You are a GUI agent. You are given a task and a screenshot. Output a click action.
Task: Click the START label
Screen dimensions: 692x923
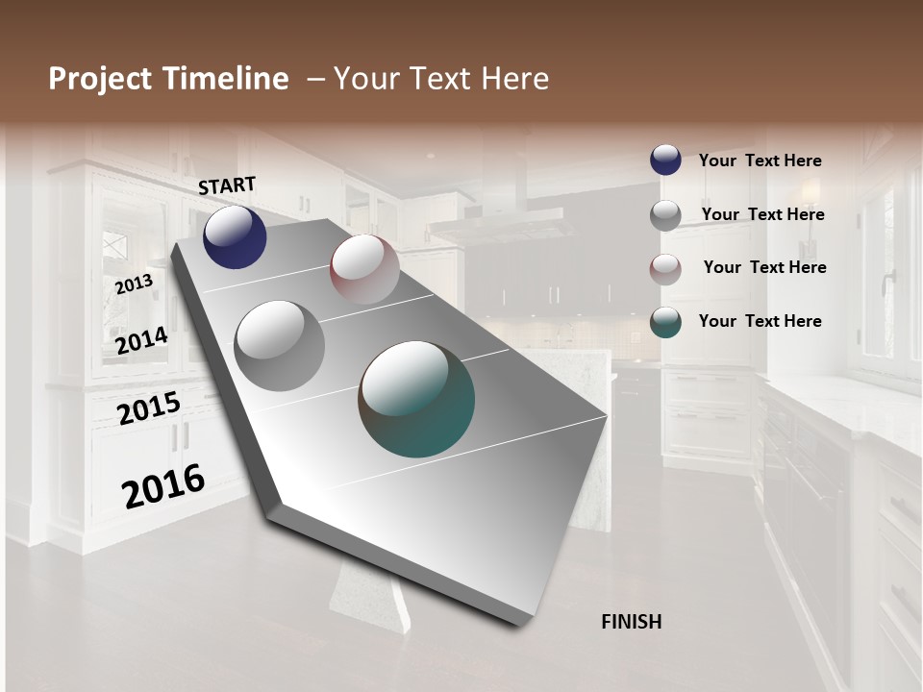pyautogui.click(x=227, y=185)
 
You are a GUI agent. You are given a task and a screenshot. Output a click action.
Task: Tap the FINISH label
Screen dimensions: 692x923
pyautogui.click(x=631, y=622)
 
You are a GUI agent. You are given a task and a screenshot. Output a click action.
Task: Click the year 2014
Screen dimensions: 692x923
pyautogui.click(x=141, y=340)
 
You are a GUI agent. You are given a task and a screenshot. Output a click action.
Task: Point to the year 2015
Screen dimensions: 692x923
pyautogui.click(x=149, y=408)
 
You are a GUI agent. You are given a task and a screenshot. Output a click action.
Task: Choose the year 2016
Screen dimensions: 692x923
pyautogui.click(x=163, y=485)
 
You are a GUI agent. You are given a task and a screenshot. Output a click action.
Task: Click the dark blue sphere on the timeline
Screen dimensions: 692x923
pyautogui.click(x=235, y=237)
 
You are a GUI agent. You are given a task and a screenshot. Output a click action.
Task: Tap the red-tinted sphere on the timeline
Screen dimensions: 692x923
pyautogui.click(x=364, y=269)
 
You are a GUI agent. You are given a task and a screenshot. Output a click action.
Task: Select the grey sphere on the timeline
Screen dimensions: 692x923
pyautogui.click(x=279, y=345)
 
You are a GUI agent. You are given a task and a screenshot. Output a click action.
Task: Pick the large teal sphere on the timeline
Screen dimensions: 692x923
pyautogui.click(x=416, y=399)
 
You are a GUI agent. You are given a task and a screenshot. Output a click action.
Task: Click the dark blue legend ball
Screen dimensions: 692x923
pyautogui.click(x=665, y=160)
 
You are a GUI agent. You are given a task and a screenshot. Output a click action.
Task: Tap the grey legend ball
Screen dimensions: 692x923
pyautogui.click(x=665, y=214)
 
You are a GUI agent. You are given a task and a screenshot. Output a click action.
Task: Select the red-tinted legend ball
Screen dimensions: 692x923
pyautogui.click(x=665, y=268)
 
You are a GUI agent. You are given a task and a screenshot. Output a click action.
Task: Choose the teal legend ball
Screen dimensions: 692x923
pyautogui.click(x=665, y=322)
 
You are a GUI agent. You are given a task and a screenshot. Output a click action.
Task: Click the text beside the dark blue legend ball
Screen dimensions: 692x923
pyautogui.click(x=760, y=161)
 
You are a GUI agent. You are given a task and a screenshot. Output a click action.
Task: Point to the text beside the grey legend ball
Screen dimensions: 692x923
pyautogui.click(x=762, y=214)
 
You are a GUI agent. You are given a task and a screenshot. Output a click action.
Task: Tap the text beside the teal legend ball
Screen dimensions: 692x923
pyautogui.click(x=760, y=321)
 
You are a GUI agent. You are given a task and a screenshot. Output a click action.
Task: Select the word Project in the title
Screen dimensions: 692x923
pyautogui.click(x=101, y=79)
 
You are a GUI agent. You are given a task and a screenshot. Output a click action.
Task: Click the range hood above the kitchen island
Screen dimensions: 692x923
pyautogui.click(x=502, y=226)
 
